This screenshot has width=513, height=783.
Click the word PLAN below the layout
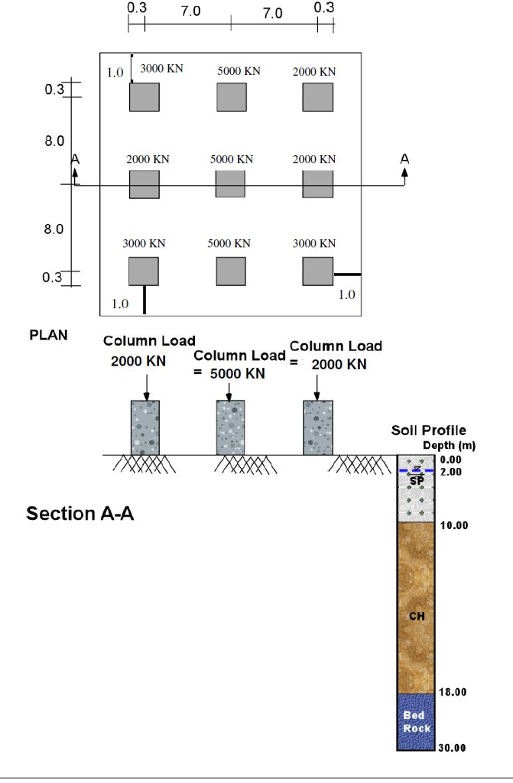click(x=48, y=335)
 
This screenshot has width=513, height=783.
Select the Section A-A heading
click(x=80, y=514)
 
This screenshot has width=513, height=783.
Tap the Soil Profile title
click(x=428, y=430)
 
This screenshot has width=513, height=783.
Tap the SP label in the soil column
click(x=416, y=480)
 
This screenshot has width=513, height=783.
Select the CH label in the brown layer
click(x=416, y=616)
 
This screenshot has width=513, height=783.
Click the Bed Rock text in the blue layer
click(x=416, y=721)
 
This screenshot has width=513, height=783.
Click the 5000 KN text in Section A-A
click(x=238, y=373)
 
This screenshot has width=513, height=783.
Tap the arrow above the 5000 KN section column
click(x=229, y=391)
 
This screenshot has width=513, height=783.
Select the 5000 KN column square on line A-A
click(x=230, y=184)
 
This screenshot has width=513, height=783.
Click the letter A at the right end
click(x=404, y=159)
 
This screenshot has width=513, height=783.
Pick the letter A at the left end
click(x=75, y=159)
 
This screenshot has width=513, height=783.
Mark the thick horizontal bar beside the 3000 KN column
click(x=347, y=274)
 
